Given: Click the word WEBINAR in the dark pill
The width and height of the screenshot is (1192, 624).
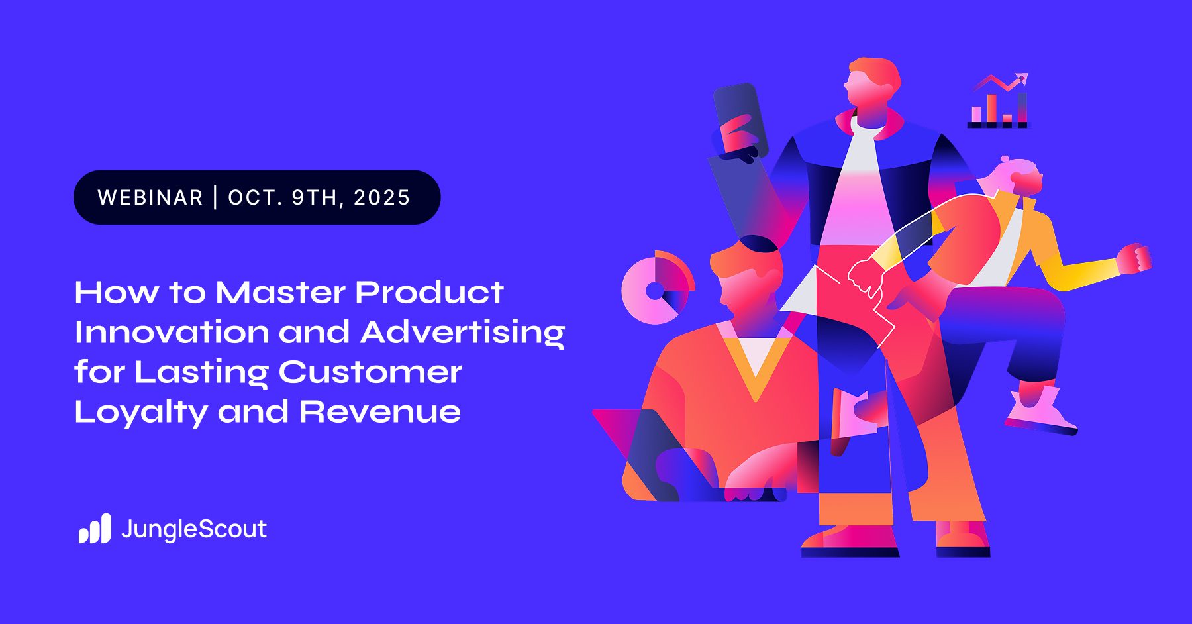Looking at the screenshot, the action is pyautogui.click(x=150, y=197).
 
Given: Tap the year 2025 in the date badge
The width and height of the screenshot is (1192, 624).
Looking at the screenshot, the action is pyautogui.click(x=382, y=197).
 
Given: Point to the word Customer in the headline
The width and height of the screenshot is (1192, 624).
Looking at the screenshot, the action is pyautogui.click(x=370, y=372).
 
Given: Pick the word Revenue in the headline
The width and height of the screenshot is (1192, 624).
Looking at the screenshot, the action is pyautogui.click(x=380, y=412).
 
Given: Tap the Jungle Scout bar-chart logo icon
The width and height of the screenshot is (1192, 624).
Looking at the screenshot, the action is pyautogui.click(x=95, y=529).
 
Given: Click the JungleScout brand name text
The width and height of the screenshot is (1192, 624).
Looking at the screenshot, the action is pyautogui.click(x=194, y=529).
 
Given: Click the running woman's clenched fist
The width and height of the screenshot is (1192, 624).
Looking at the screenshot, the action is pyautogui.click(x=1134, y=258).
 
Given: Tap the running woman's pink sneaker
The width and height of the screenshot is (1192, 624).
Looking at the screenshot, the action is pyautogui.click(x=1040, y=411).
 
